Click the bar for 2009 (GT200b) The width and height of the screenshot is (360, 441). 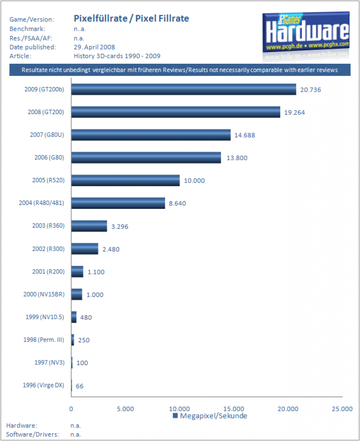pyautogui.click(x=183, y=90)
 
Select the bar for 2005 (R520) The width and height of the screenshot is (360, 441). pyautogui.click(x=125, y=180)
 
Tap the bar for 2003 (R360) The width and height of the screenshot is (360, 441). pyautogui.click(x=89, y=226)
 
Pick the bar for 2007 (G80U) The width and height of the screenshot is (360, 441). pyautogui.click(x=151, y=135)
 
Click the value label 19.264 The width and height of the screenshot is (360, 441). pyautogui.click(x=295, y=112)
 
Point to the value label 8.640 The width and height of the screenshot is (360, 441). pyautogui.click(x=177, y=203)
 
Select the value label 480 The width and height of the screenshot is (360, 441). pyautogui.click(x=86, y=317)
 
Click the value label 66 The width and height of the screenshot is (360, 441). pyautogui.click(x=80, y=386)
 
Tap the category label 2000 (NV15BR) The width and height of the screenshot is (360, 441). pyautogui.click(x=44, y=294)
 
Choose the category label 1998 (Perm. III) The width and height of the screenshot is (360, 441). pyautogui.click(x=43, y=340)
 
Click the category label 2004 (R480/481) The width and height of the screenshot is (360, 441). pyautogui.click(x=41, y=203)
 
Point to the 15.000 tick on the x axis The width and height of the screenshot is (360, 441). pyautogui.click(x=234, y=409)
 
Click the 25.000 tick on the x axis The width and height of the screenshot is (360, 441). pyautogui.click(x=342, y=409)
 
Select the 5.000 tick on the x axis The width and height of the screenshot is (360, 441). pyautogui.click(x=125, y=409)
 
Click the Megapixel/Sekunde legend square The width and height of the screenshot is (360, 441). pyautogui.click(x=175, y=416)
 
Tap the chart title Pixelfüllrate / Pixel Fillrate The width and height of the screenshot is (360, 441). pyautogui.click(x=131, y=18)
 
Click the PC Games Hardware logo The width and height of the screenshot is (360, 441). pyautogui.click(x=306, y=33)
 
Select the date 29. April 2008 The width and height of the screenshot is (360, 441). pyautogui.click(x=94, y=47)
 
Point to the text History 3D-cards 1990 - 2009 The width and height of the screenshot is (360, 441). pyautogui.click(x=117, y=56)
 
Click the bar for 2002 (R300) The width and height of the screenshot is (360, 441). pyautogui.click(x=85, y=248)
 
